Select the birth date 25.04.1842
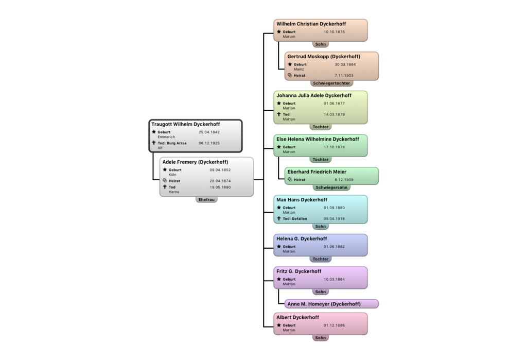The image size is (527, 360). [x=209, y=132]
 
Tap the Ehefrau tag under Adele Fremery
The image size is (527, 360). [x=206, y=199]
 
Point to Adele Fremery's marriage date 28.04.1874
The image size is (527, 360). [x=220, y=181]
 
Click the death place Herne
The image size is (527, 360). [x=174, y=192]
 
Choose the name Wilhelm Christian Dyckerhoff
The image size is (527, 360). [x=311, y=24]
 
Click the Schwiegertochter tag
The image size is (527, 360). [x=331, y=83]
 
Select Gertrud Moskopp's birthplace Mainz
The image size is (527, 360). [x=299, y=69]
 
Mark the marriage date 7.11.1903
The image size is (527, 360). [x=344, y=75]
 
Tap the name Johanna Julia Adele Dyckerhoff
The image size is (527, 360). [x=314, y=95]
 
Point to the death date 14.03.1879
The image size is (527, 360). [x=334, y=114]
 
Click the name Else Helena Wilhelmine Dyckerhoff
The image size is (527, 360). [x=318, y=139]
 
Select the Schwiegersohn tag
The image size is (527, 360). [x=331, y=188]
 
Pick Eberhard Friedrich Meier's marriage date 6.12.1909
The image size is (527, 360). [x=344, y=179]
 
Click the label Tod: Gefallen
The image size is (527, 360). [x=294, y=218]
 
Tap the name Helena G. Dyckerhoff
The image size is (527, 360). [x=302, y=238]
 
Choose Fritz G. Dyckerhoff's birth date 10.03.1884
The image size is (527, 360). [x=334, y=279]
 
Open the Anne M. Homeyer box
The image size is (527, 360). [x=331, y=304]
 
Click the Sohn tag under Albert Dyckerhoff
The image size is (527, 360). [x=320, y=338]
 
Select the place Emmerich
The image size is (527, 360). [x=166, y=137]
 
